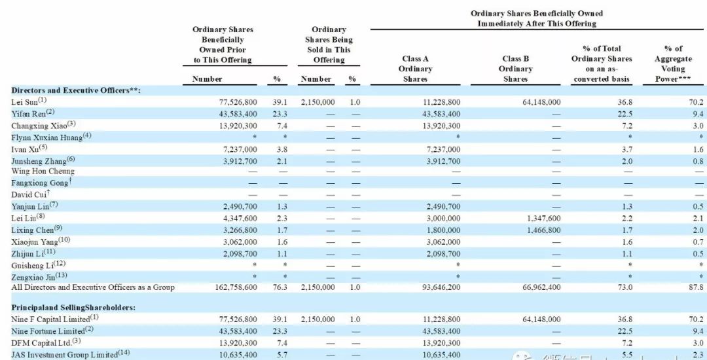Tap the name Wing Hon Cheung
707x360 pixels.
[43, 171]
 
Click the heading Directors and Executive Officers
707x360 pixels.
[75, 90]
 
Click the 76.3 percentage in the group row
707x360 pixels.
[276, 287]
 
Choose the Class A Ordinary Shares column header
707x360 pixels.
[416, 69]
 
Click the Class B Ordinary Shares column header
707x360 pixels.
[515, 69]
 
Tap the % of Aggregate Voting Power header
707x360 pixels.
[673, 63]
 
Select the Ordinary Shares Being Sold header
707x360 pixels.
[329, 45]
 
